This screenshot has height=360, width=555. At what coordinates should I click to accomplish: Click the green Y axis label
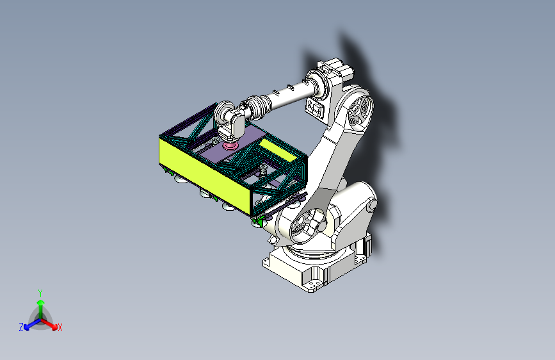pyautogui.click(x=40, y=293)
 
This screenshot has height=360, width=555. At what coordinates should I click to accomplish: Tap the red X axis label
pyautogui.click(x=60, y=327)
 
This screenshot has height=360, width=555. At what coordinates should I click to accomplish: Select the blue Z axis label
pyautogui.click(x=21, y=327)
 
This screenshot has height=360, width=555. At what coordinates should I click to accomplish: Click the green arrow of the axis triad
pyautogui.click(x=41, y=309)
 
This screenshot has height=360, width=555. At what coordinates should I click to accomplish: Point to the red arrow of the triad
pyautogui.click(x=49, y=323)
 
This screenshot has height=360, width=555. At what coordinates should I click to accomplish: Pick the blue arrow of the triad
pyautogui.click(x=33, y=324)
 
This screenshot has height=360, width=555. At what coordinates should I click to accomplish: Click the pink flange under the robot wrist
pyautogui.click(x=230, y=145)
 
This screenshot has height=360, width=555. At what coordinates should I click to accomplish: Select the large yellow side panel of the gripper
pyautogui.click(x=205, y=176)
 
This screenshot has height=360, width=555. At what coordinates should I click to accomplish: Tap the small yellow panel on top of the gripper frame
pyautogui.click(x=278, y=149)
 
